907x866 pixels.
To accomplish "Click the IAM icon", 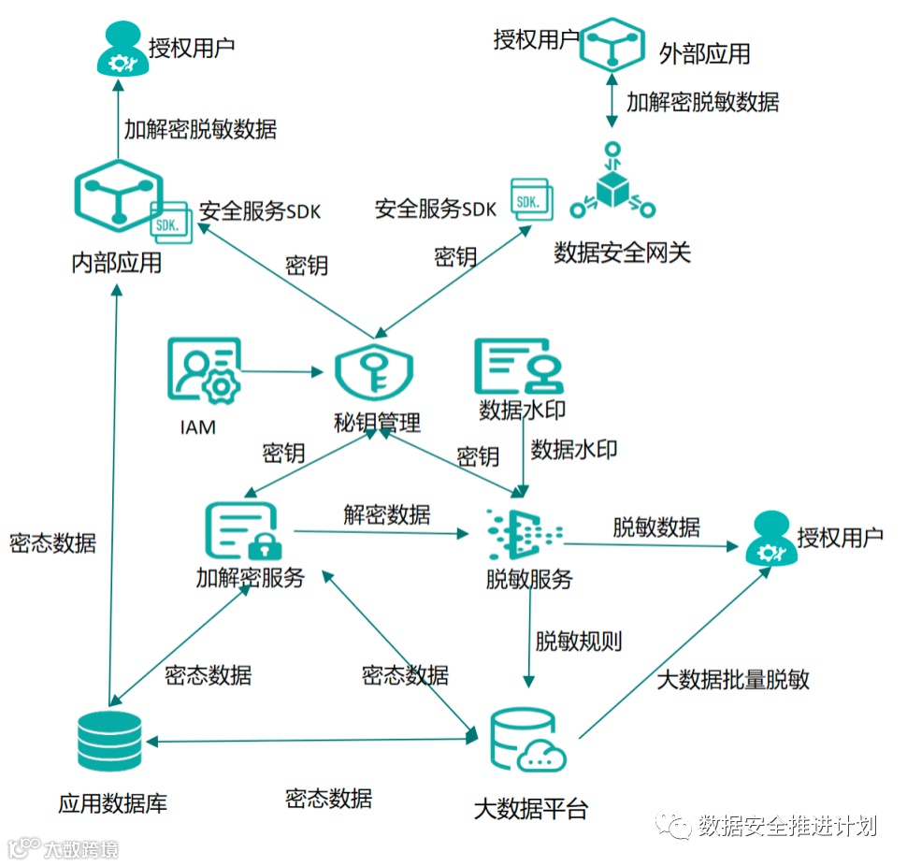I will pyautogui.click(x=204, y=371).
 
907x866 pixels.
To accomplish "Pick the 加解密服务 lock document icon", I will pyautogui.click(x=241, y=532).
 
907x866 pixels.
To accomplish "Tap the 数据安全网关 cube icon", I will pyautogui.click(x=612, y=184).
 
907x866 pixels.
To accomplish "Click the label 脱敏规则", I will pyautogui.click(x=579, y=642).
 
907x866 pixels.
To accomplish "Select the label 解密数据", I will pyautogui.click(x=386, y=513).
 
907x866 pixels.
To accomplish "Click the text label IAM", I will pyautogui.click(x=197, y=427).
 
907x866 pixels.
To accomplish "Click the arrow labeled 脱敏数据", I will pyautogui.click(x=655, y=541).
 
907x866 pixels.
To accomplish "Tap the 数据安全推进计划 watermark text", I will pyautogui.click(x=786, y=825).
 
